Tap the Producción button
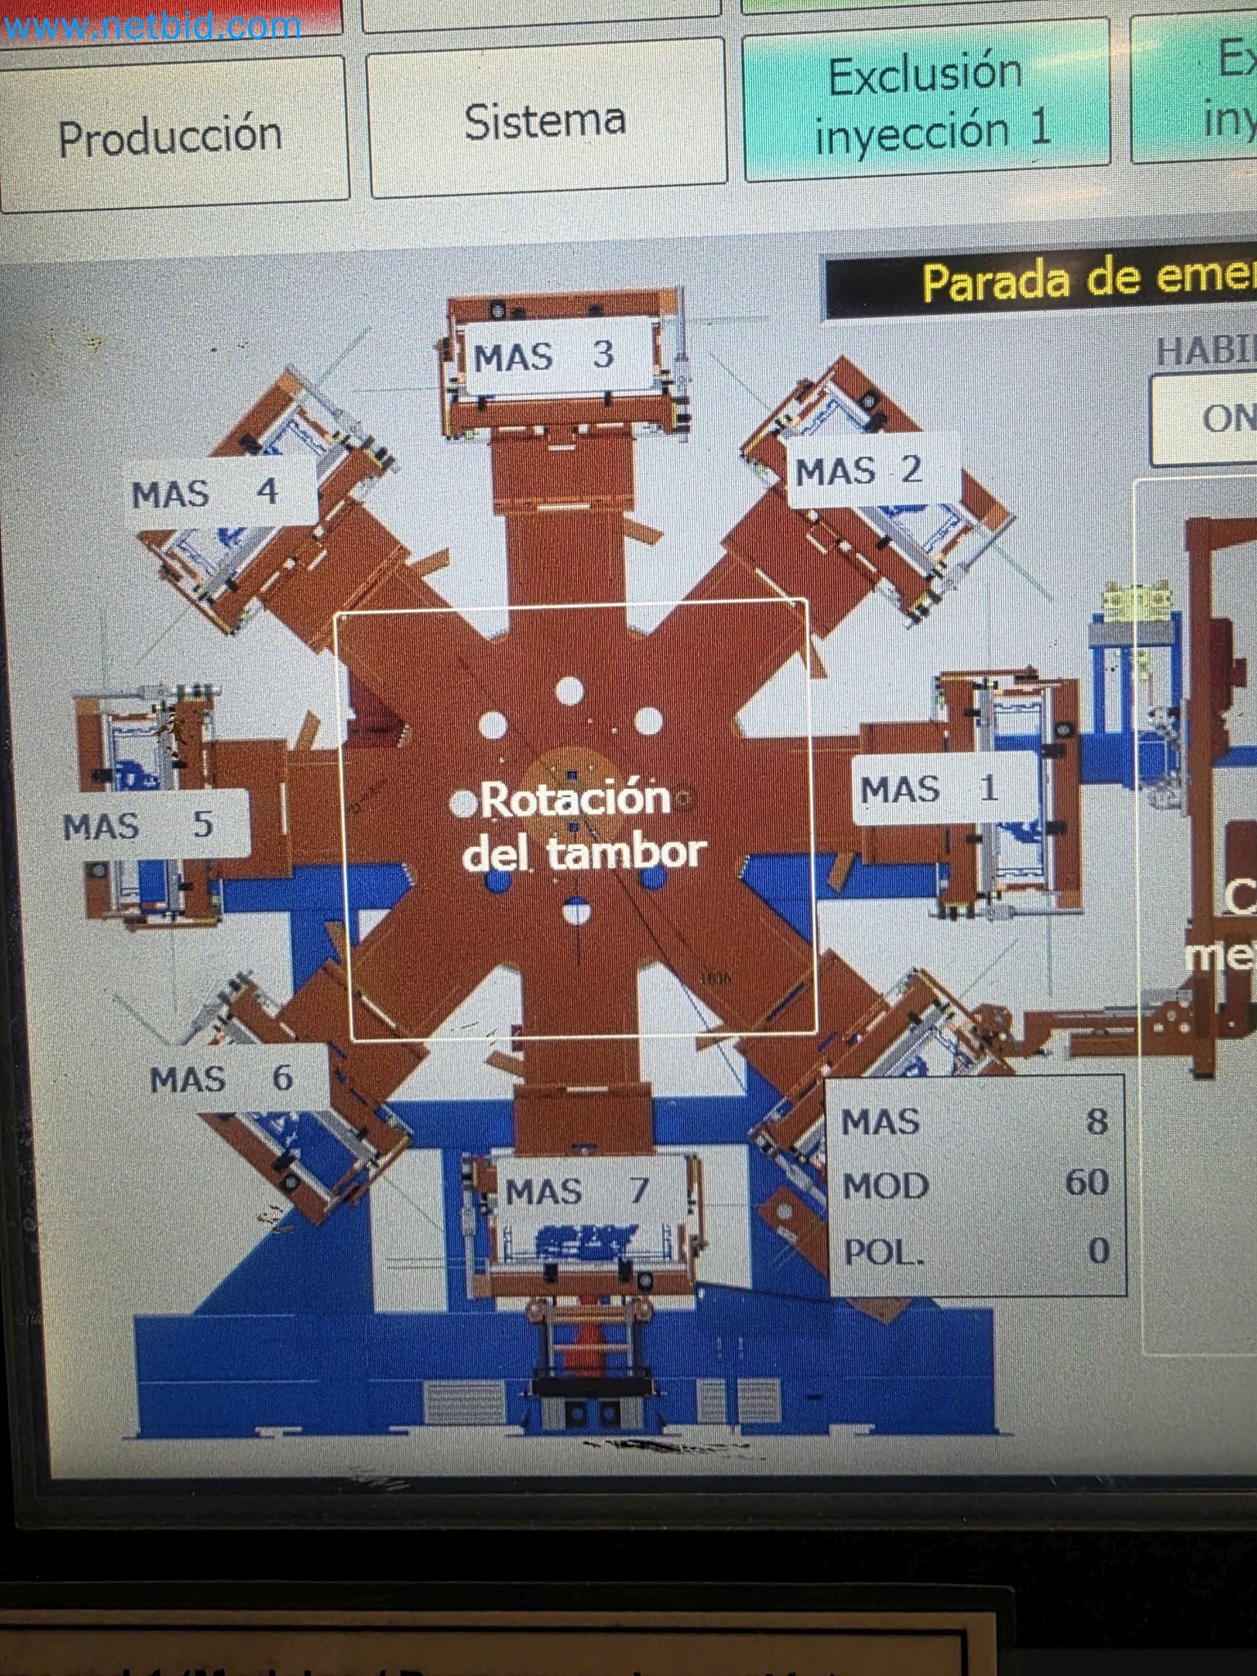pos(172,135)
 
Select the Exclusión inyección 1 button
pos(926,102)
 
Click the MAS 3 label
pos(545,356)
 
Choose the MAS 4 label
pos(207,493)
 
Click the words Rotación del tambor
pos(581,825)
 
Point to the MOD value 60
pos(1086,1183)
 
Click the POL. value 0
pos(1098,1250)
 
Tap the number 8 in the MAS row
pos(1097,1121)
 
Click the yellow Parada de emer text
pos(1088,281)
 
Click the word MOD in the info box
pos(885,1186)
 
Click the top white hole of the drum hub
pos(570,691)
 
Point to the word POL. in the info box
pos(884,1252)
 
